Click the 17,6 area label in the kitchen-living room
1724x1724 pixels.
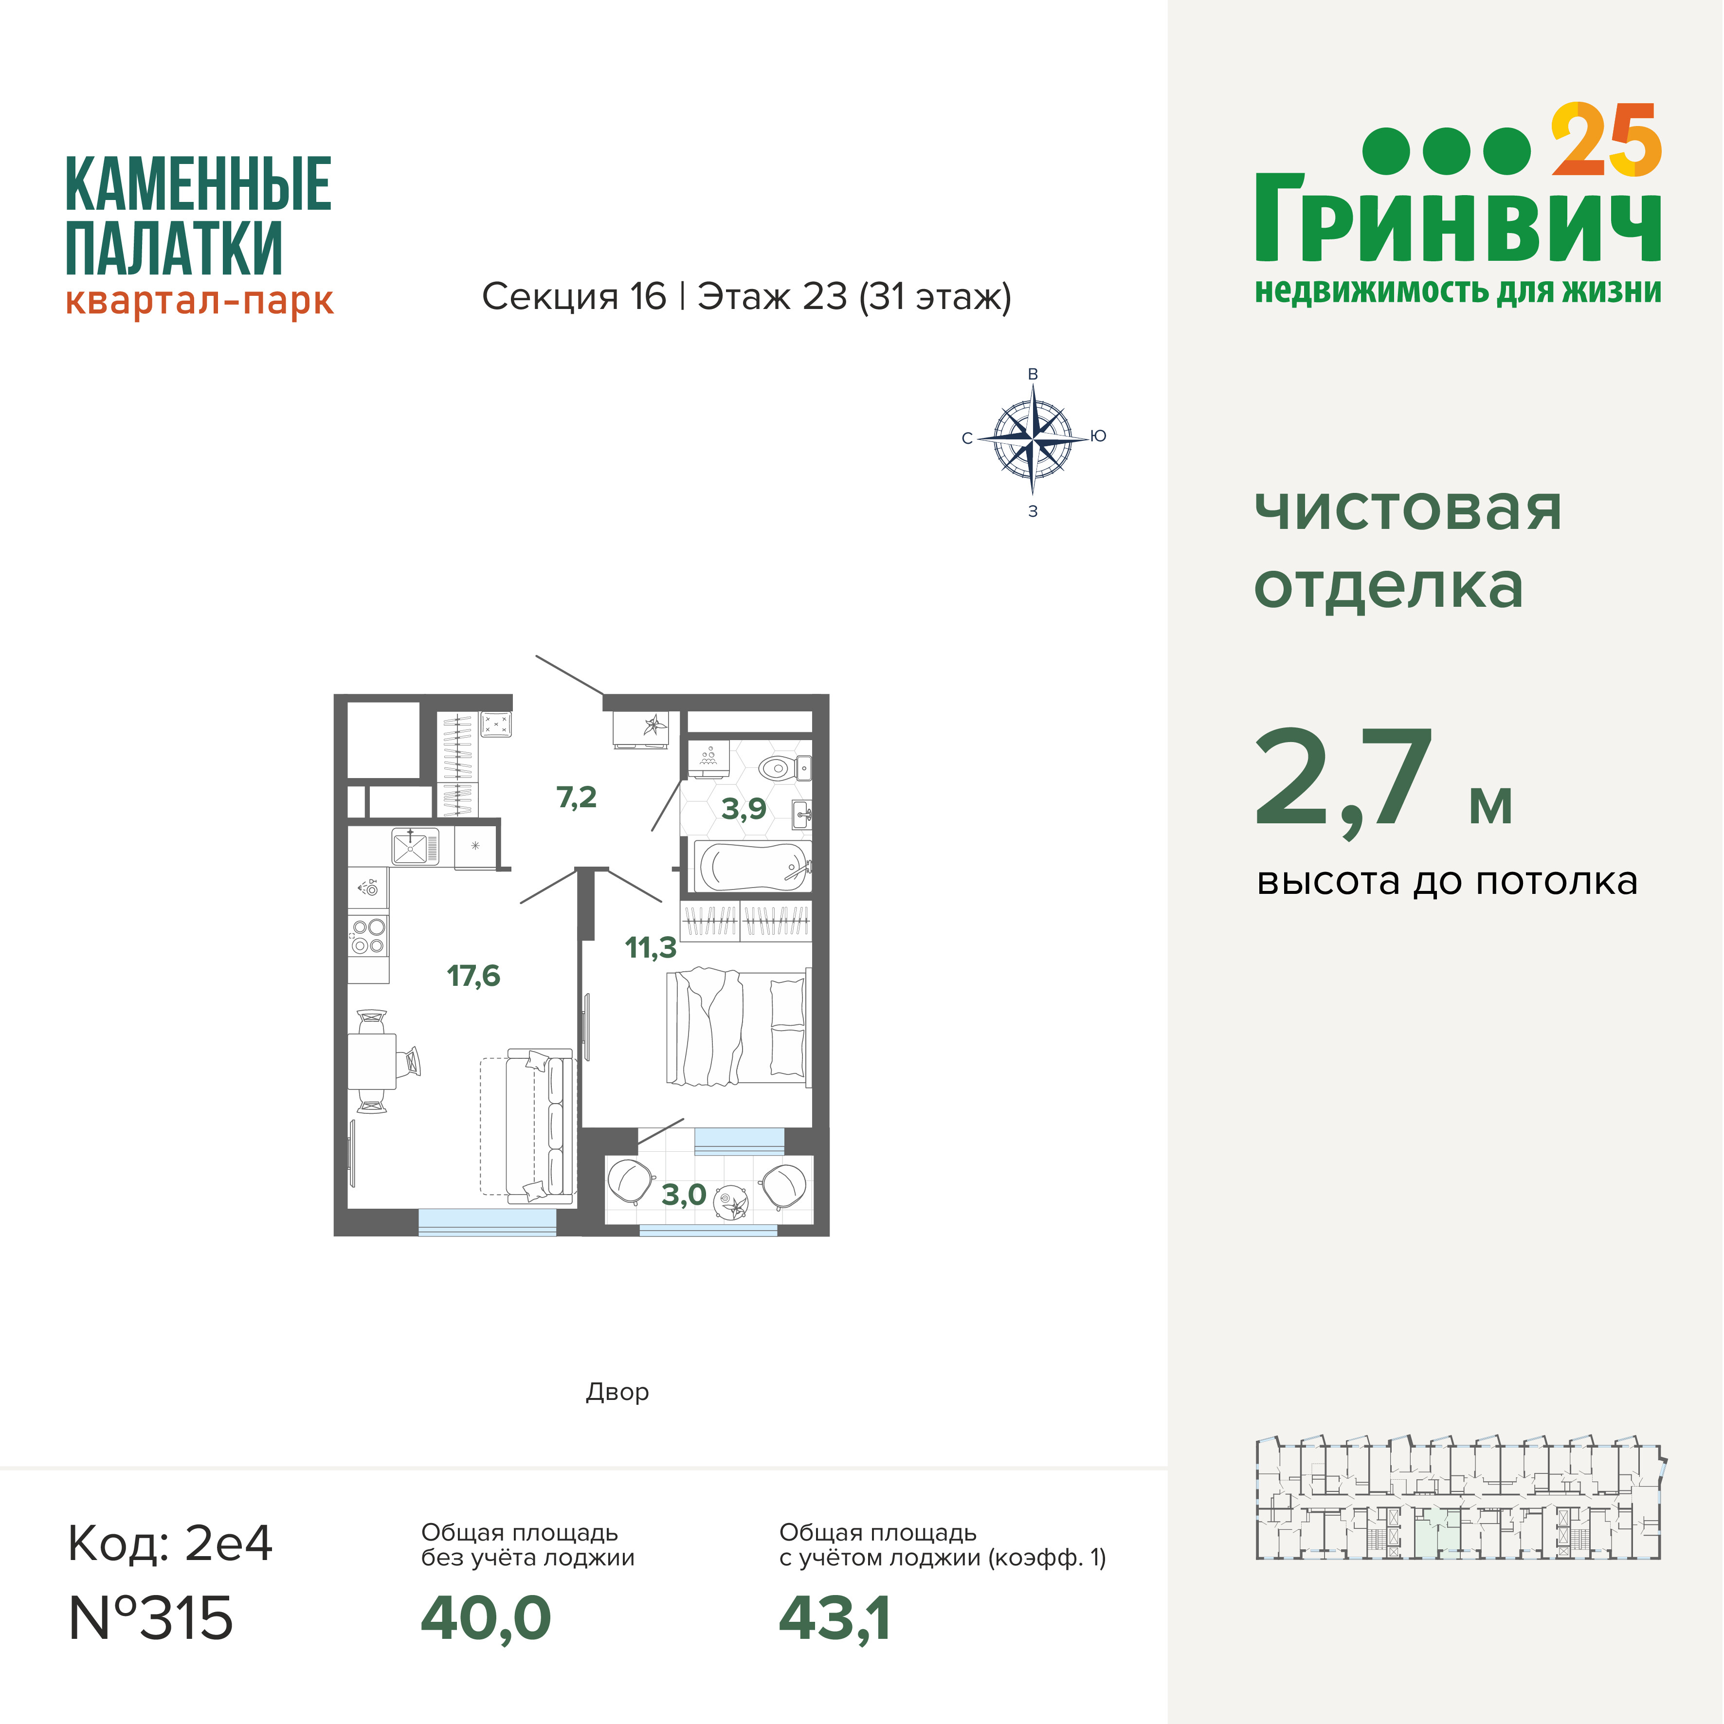click(x=474, y=976)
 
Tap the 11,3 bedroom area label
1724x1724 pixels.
click(x=651, y=948)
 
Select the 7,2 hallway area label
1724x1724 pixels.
click(x=577, y=797)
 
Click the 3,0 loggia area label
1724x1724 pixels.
click(x=684, y=1195)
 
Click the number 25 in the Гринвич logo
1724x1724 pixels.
click(x=1606, y=141)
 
